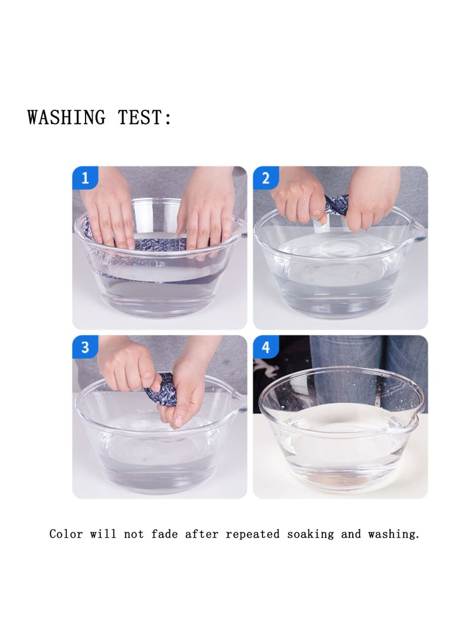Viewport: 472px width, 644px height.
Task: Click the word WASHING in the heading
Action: [67, 117]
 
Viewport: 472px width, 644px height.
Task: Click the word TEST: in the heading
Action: [145, 117]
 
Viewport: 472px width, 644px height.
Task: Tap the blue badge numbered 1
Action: [85, 178]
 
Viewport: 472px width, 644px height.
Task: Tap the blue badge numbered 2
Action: [265, 178]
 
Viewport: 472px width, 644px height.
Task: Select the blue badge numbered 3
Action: [85, 347]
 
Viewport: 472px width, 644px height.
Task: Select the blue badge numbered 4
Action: [265, 347]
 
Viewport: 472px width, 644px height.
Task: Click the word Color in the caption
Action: [66, 534]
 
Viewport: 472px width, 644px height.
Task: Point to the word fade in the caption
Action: [164, 534]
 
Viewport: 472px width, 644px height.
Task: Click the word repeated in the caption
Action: [253, 534]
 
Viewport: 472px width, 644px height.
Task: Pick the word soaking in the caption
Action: [310, 535]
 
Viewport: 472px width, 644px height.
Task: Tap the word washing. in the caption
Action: [394, 535]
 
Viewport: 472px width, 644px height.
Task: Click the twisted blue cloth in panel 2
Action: [336, 204]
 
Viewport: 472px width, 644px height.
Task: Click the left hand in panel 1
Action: [109, 210]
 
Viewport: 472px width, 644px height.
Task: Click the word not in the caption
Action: [134, 534]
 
